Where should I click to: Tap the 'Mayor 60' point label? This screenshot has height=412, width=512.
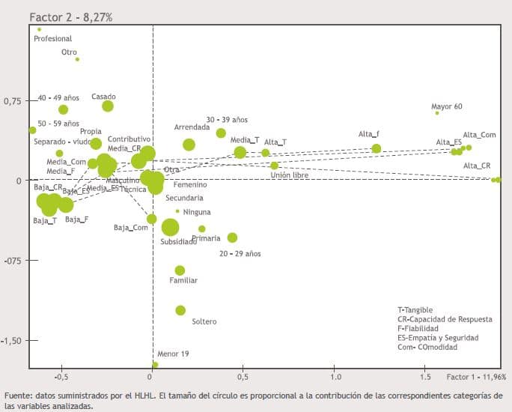448,106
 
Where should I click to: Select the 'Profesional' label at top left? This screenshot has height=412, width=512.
53,38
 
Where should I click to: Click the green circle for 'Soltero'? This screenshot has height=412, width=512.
180,310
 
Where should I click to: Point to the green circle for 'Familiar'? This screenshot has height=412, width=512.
180,270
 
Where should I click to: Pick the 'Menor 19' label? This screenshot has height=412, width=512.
173,354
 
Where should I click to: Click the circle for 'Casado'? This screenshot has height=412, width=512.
108,106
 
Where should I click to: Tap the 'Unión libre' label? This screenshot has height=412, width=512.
289,175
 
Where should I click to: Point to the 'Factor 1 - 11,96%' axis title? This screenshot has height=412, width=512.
476,377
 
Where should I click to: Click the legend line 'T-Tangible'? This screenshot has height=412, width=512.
415,310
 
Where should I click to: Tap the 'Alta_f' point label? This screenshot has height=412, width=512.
369,134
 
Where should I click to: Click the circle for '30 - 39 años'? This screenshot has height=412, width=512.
221,133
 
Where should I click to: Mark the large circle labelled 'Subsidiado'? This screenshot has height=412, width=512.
171,228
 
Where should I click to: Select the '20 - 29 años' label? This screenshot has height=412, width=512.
240,254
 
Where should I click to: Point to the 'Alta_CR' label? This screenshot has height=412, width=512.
477,166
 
